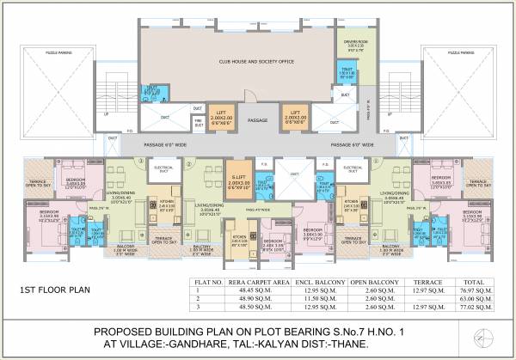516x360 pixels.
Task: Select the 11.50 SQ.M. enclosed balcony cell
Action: click(x=311, y=297)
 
